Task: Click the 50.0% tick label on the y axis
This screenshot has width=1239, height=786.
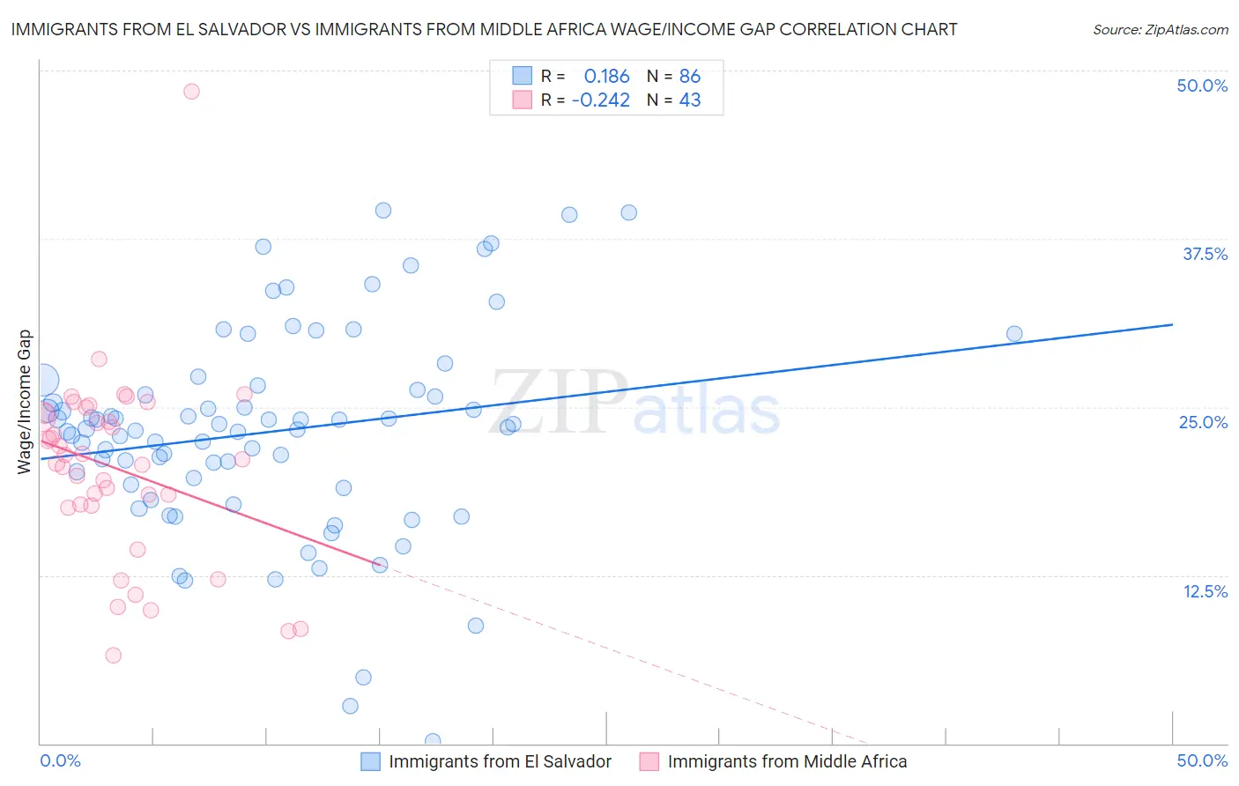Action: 1202,85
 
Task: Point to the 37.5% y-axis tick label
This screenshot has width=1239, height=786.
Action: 1205,254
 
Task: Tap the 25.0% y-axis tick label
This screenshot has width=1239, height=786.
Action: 1203,422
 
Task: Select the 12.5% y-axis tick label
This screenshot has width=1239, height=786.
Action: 1205,591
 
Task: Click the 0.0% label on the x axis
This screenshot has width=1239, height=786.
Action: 60,760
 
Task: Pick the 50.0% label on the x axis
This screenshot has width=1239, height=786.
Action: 1202,760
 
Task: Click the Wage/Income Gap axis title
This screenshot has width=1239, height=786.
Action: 25,402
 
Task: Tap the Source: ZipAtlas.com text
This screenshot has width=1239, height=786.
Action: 1160,30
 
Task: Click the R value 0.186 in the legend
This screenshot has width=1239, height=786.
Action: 606,76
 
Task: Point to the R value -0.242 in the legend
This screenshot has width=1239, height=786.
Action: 600,100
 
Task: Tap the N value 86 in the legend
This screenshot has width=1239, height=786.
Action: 690,76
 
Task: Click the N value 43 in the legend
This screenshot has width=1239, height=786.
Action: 690,100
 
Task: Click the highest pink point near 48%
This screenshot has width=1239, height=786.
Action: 191,92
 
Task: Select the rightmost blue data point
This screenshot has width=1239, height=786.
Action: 1014,334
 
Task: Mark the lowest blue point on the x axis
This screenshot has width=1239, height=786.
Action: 433,741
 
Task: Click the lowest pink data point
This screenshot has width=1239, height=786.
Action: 113,656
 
